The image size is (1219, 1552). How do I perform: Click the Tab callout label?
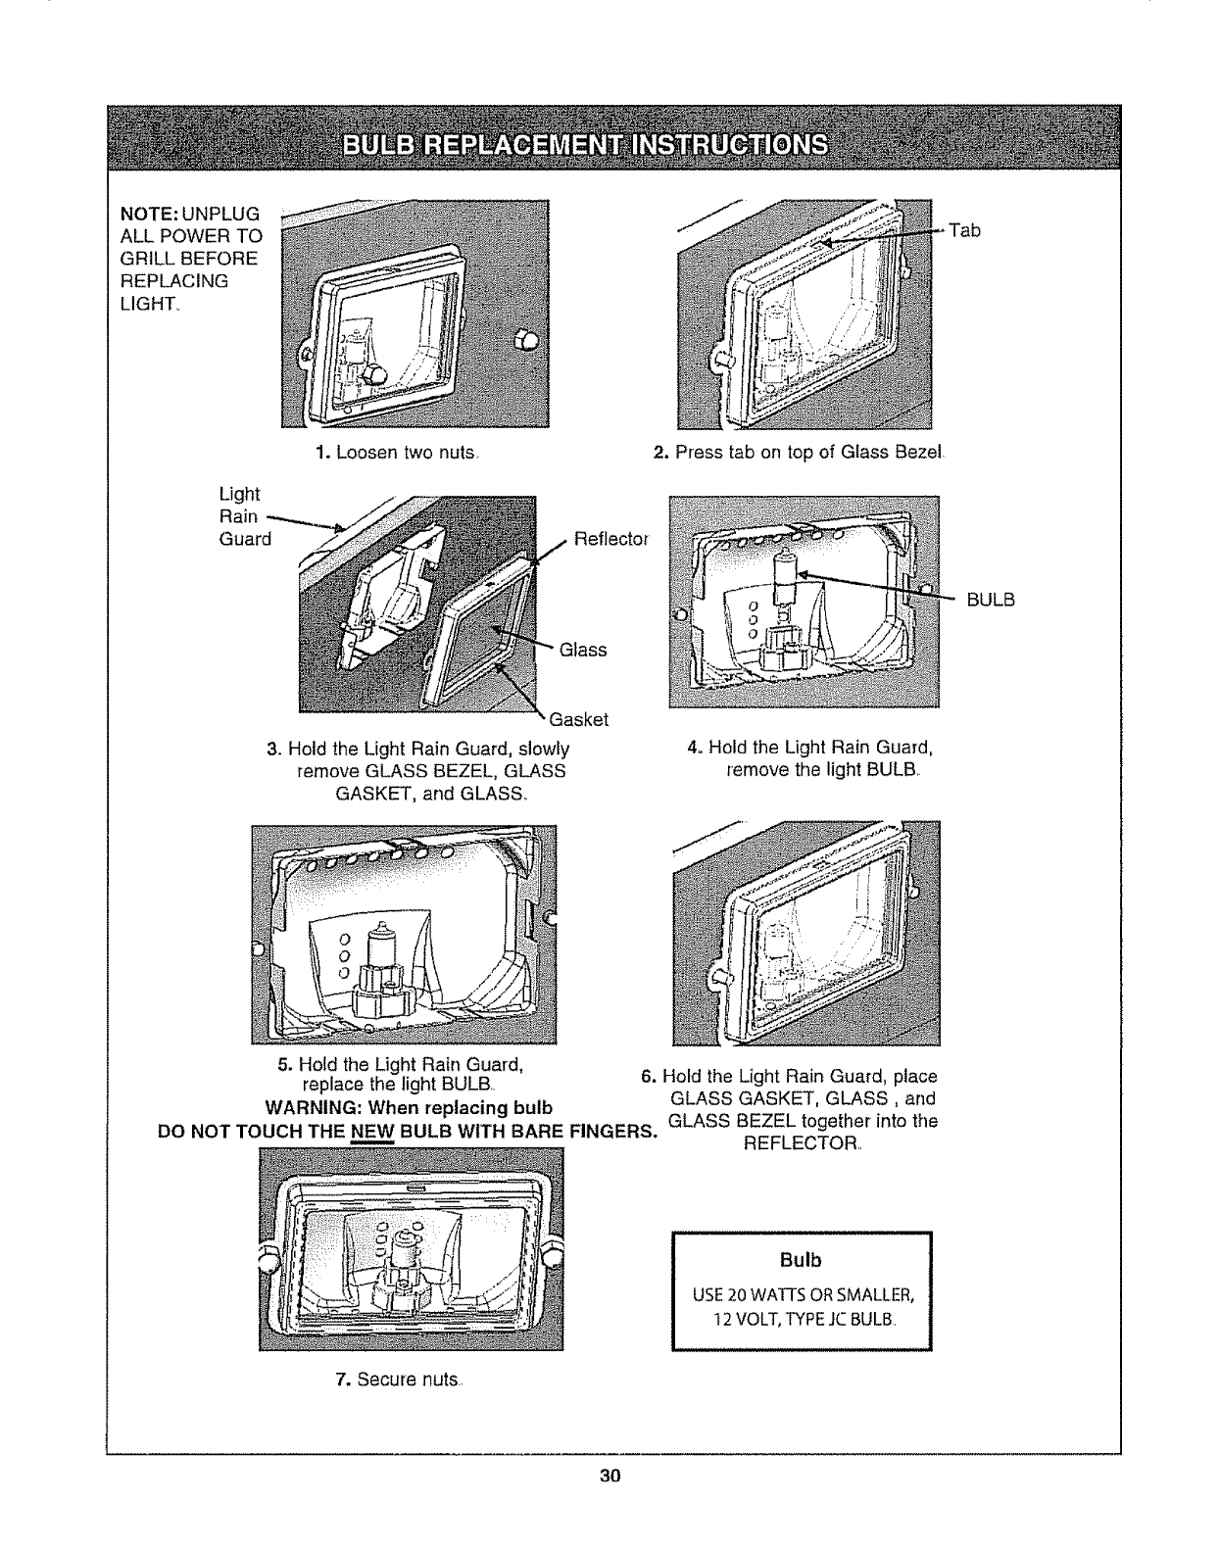[965, 231]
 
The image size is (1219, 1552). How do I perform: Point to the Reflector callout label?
[611, 539]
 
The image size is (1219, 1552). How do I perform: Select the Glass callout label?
[583, 650]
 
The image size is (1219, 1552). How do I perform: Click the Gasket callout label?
[579, 720]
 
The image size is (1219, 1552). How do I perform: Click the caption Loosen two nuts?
[397, 454]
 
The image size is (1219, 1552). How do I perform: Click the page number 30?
[609, 1477]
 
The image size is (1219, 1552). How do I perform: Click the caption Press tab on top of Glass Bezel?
[800, 454]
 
